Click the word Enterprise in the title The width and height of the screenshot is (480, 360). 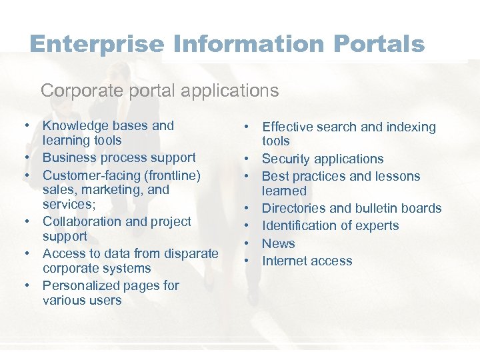point(97,44)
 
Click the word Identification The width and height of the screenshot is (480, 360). point(300,225)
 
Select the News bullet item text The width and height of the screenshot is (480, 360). point(278,243)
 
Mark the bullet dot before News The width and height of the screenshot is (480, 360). point(247,243)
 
